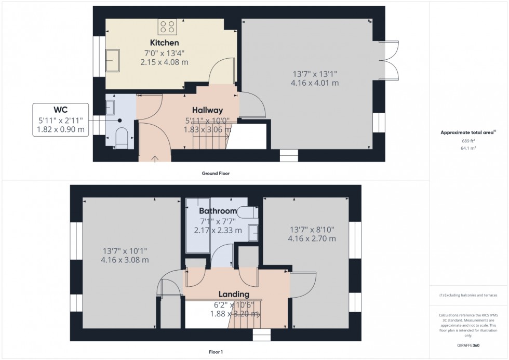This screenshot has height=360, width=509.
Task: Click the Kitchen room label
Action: tap(164, 43)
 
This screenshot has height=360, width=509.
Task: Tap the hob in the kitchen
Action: tap(167, 26)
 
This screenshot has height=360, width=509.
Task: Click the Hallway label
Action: tap(207, 110)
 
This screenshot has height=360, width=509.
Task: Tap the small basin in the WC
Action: tap(111, 108)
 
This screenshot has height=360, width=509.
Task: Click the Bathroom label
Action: tap(218, 211)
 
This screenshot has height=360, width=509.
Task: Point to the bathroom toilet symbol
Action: tap(248, 211)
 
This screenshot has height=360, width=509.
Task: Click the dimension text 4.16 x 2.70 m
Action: tap(312, 239)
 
